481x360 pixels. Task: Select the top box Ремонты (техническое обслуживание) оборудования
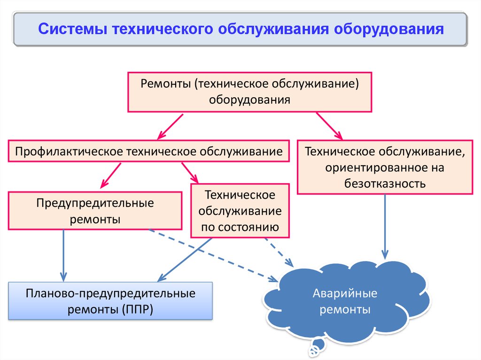250,92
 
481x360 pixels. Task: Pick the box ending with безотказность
385,167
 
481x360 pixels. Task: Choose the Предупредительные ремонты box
95,211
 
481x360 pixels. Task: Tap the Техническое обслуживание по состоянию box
240,211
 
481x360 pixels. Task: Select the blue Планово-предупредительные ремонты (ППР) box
110,301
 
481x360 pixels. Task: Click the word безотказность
385,183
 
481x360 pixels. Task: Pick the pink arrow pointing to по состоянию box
190,173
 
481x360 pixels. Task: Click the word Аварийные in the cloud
345,294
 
